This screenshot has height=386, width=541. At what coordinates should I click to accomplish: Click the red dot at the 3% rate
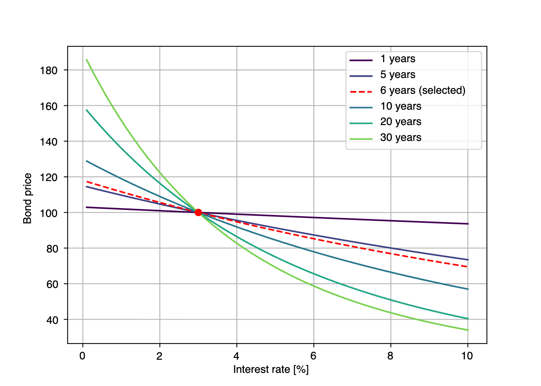(x=198, y=212)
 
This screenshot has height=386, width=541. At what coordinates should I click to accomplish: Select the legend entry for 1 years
(x=398, y=59)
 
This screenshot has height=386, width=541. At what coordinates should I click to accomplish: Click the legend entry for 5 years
(x=398, y=74)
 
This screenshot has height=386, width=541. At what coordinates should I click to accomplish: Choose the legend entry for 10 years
(x=400, y=106)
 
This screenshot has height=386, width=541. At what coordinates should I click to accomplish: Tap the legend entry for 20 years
(x=400, y=122)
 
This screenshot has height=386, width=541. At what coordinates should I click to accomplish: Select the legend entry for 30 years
(x=400, y=137)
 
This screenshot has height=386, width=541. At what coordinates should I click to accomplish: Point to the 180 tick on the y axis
(x=49, y=70)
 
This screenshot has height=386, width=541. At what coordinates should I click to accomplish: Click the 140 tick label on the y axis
(x=49, y=142)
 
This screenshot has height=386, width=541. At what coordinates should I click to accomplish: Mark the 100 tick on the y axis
(x=49, y=213)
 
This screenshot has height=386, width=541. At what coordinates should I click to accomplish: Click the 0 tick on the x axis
(x=82, y=356)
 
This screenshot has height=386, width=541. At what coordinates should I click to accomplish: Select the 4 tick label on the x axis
(x=236, y=356)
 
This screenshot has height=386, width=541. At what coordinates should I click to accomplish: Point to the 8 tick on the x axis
(x=390, y=356)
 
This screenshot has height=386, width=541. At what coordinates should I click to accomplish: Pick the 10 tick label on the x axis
(x=467, y=356)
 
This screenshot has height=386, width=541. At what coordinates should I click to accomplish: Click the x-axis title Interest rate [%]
(x=271, y=369)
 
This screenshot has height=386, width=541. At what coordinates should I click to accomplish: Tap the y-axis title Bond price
(x=27, y=198)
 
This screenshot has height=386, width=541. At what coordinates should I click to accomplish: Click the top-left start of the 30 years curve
(x=87, y=59)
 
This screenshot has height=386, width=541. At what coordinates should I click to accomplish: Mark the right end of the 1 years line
(x=468, y=224)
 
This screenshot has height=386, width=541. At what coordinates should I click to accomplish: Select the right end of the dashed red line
(x=468, y=267)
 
